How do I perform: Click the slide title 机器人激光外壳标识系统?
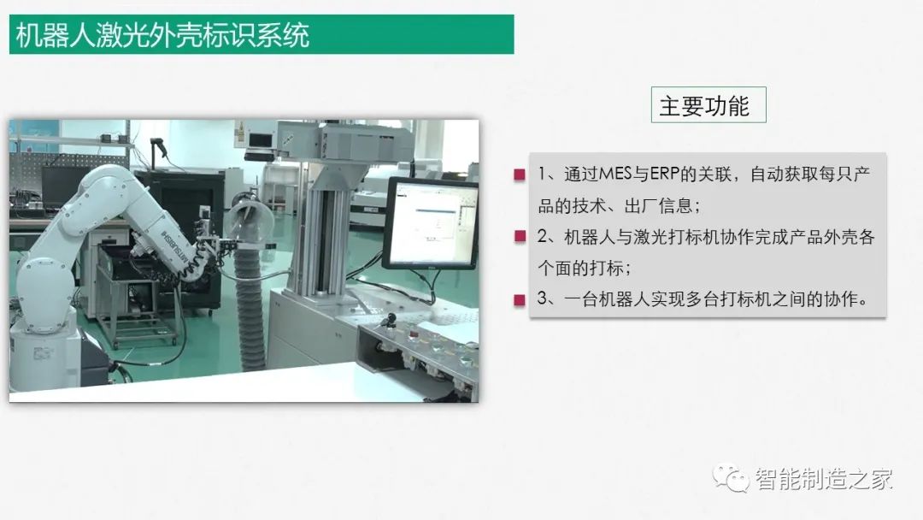click(x=162, y=35)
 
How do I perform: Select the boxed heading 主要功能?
click(x=704, y=106)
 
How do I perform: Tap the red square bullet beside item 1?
click(x=520, y=174)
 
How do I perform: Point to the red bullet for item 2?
click(x=520, y=237)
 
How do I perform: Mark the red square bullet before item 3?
click(x=520, y=299)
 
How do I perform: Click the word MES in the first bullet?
click(x=614, y=174)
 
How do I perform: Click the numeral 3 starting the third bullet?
click(x=542, y=298)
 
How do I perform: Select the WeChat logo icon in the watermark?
click(x=731, y=478)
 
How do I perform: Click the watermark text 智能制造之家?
click(x=824, y=479)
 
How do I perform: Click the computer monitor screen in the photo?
click(x=433, y=222)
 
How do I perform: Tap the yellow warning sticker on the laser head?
click(x=239, y=133)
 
